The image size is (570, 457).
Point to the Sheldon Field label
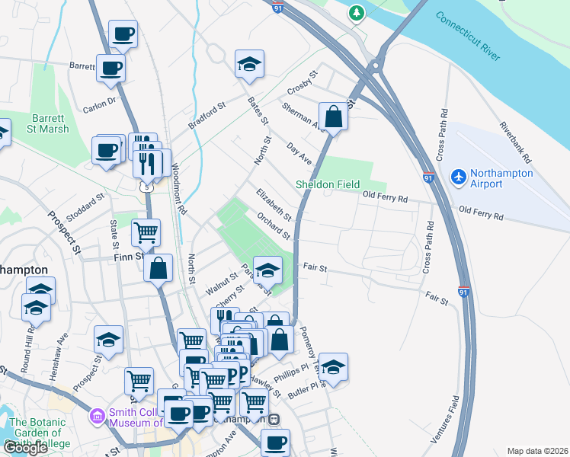(x=328, y=184)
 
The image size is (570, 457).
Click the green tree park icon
(x=356, y=13)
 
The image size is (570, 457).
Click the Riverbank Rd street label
(x=514, y=143)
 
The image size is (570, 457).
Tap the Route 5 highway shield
(x=146, y=185)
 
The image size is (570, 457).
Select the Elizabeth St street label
(x=274, y=203)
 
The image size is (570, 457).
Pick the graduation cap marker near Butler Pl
(x=333, y=366)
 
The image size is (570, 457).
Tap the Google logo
(x=25, y=448)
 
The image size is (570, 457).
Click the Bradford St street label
(x=208, y=115)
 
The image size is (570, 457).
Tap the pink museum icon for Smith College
(x=97, y=417)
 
